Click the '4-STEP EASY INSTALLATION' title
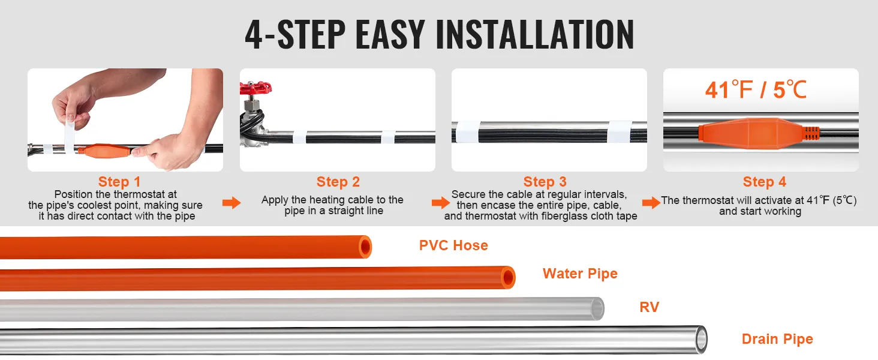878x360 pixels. tap(440, 35)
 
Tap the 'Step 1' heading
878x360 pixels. tap(119, 182)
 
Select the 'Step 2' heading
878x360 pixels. tap(338, 182)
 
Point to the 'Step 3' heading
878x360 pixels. tap(545, 182)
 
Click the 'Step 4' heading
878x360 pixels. tap(764, 182)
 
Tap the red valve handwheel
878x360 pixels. tap(255, 88)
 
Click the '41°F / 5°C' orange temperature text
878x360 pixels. tap(756, 90)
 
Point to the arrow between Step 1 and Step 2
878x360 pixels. tap(231, 203)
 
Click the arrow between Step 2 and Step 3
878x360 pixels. tap(441, 203)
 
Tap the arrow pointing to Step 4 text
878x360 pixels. tap(651, 203)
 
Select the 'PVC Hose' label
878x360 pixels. tap(453, 245)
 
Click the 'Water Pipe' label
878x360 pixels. tap(580, 274)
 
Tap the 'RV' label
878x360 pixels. tap(650, 307)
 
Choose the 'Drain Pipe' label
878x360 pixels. tap(777, 339)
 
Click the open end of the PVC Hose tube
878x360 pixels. tap(365, 247)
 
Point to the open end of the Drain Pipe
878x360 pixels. tap(701, 340)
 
